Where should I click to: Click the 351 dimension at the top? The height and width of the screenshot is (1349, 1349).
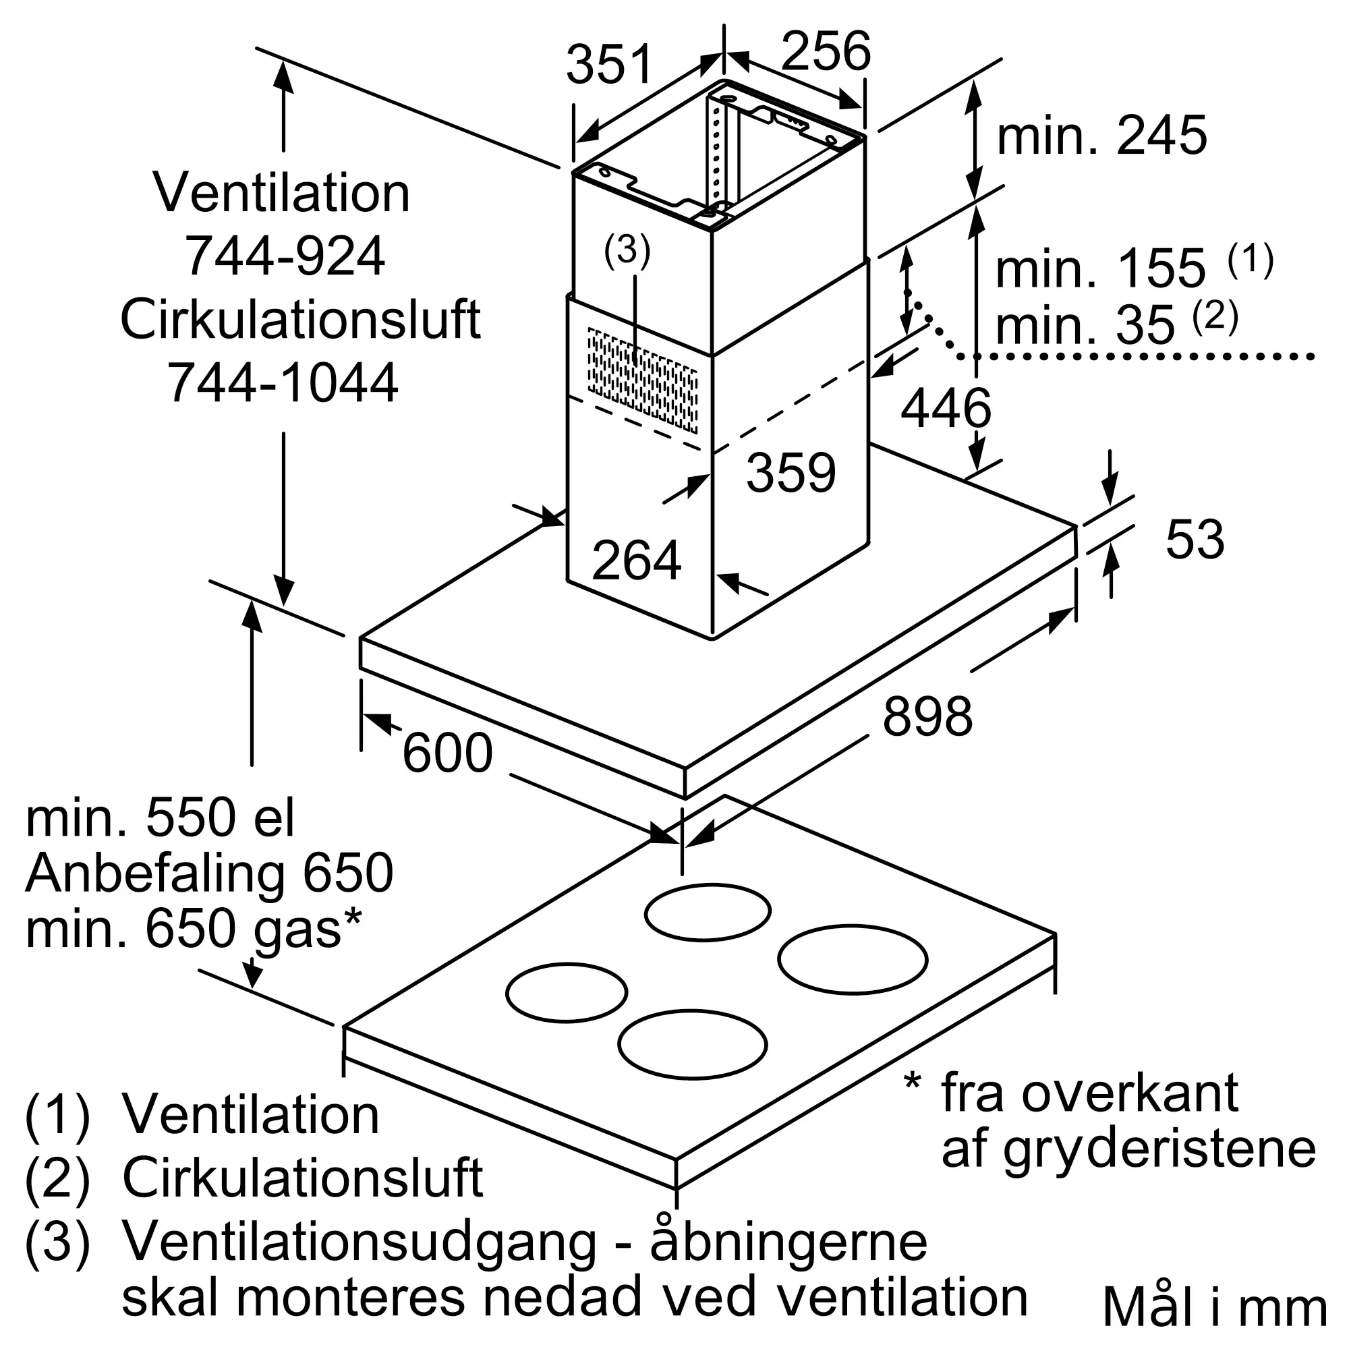tap(609, 64)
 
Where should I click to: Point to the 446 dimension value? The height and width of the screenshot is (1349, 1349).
tap(946, 408)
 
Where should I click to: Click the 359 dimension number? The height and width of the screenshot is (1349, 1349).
tap(791, 473)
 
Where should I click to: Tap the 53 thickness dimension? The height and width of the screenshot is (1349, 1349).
tap(1195, 539)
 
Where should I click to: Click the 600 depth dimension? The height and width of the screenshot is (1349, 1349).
tap(448, 753)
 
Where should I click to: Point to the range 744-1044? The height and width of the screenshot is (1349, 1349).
tap(283, 382)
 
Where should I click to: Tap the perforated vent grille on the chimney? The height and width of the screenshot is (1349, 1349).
tap(642, 380)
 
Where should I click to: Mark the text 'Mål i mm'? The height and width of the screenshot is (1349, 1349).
tap(1214, 1308)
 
